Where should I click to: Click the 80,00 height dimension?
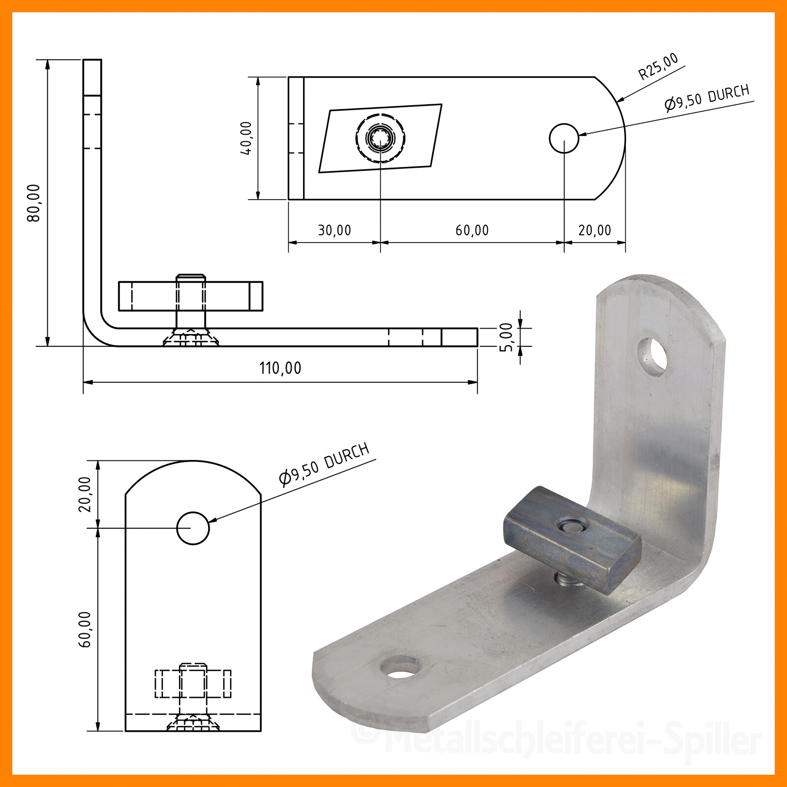pyautogui.click(x=34, y=203)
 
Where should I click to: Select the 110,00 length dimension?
pyautogui.click(x=280, y=368)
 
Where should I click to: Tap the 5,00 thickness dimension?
pyautogui.click(x=506, y=337)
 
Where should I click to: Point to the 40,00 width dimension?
pyautogui.click(x=246, y=138)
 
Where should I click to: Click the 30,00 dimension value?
pyautogui.click(x=334, y=230)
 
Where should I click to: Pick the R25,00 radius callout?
pyautogui.click(x=658, y=66)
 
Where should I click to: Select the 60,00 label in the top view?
pyautogui.click(x=472, y=230)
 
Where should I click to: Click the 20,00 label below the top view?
pyautogui.click(x=595, y=230)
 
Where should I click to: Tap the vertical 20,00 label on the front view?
pyautogui.click(x=85, y=494)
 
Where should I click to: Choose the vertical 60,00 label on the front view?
pyautogui.click(x=85, y=630)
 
